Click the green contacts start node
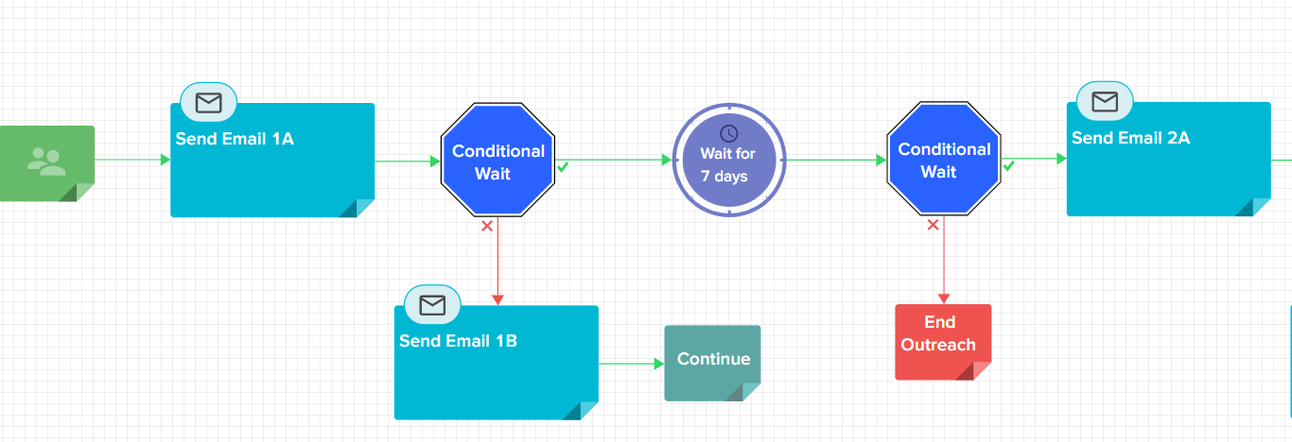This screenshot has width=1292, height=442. tap(46, 163)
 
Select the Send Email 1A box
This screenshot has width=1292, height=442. tap(272, 161)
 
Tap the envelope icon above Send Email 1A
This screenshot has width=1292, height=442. tap(208, 103)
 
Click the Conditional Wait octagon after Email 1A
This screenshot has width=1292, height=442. tap(498, 160)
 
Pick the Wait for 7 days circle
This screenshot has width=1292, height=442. tap(729, 161)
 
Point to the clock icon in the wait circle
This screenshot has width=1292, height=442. tap(729, 134)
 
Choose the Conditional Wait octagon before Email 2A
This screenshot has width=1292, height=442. tap(944, 159)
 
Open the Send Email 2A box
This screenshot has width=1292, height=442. tap(1168, 159)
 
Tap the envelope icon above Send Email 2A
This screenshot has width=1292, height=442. tap(1105, 102)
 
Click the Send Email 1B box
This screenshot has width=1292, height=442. tap(496, 363)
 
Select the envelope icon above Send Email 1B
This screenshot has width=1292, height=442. tap(432, 305)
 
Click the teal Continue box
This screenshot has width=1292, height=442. tap(712, 363)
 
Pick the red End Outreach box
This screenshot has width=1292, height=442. tap(943, 342)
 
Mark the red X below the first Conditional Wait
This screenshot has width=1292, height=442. tap(487, 226)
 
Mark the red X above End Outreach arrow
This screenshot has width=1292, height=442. tap(933, 225)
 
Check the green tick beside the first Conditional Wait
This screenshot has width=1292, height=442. tap(563, 167)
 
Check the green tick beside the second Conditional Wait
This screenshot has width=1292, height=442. tap(1009, 166)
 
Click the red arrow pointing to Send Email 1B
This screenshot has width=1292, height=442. tap(498, 261)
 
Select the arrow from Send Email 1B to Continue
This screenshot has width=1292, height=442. tap(632, 364)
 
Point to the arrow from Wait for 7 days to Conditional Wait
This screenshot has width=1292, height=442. tap(836, 161)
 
